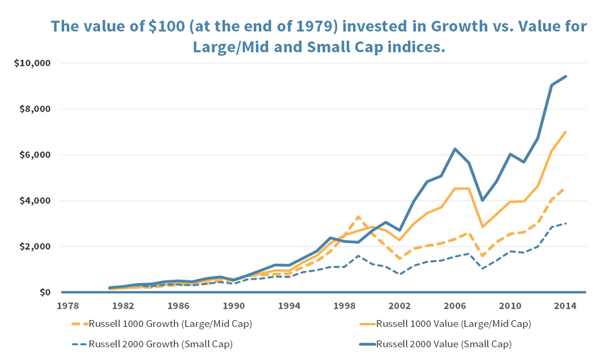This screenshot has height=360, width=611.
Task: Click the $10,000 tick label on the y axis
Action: tap(32, 63)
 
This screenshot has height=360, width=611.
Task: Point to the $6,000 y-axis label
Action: tap(35, 155)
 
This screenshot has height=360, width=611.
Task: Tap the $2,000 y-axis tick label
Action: tap(35, 247)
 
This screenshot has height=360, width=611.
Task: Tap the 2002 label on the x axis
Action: tap(399, 306)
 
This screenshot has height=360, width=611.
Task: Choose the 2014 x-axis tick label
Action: tap(565, 306)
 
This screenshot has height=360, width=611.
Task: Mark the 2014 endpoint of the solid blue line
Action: tap(566, 76)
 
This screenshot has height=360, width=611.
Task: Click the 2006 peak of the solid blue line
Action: tap(455, 149)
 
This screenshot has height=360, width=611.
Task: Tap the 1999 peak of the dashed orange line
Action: tap(358, 216)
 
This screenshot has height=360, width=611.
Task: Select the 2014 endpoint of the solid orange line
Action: tap(566, 132)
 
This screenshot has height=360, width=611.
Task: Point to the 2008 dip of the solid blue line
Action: tap(483, 200)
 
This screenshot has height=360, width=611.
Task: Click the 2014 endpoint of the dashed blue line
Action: tap(566, 223)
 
